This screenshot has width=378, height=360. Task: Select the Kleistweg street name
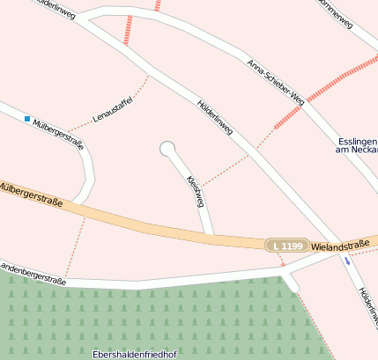tap(196, 191)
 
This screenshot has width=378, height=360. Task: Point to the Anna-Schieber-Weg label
tap(276, 83)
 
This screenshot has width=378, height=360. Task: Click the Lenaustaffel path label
tap(112, 109)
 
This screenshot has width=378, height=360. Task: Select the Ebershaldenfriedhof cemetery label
tap(135, 354)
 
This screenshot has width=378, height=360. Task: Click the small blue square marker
tap(27, 118)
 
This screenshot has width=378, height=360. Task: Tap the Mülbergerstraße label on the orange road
tap(32, 195)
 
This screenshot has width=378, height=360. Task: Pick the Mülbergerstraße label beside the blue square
tap(58, 134)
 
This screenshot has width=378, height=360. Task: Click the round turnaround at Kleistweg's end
tap(167, 149)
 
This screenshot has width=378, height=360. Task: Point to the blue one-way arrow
tap(347, 261)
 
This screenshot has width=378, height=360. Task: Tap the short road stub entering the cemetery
tap(290, 283)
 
